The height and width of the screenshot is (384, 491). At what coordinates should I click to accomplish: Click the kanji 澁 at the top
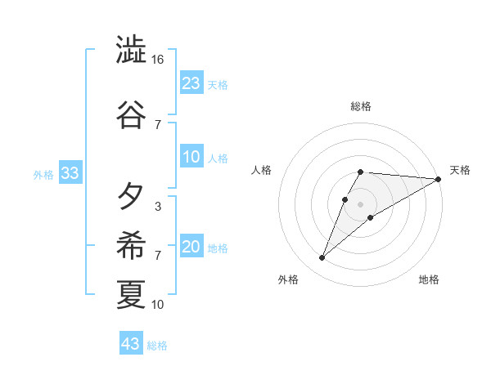coord(131,51)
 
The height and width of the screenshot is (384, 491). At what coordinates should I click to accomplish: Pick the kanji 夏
coord(131,293)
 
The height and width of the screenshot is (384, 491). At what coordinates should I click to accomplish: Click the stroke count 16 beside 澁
coord(158,60)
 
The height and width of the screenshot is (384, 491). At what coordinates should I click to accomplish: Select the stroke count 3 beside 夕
coord(157,207)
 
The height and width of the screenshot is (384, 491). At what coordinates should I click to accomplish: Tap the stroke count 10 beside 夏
coord(158,305)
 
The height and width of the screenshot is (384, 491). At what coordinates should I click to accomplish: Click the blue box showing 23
coord(191,83)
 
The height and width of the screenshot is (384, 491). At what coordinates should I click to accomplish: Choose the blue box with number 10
coord(191,158)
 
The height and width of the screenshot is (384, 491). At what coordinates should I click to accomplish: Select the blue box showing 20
coord(191,247)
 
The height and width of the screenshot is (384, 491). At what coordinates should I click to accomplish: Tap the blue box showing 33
coord(70,173)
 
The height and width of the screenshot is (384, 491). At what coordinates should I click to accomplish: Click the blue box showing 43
coord(131,344)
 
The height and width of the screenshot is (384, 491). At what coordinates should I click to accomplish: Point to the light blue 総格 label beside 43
coord(157,346)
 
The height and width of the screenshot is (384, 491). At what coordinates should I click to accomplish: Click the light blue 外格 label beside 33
coord(43,175)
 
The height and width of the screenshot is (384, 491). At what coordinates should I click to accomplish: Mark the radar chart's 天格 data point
coord(439,179)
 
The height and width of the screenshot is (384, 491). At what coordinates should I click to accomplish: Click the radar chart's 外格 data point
coord(322,258)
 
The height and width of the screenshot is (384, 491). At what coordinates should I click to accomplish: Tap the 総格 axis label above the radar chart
coord(361,106)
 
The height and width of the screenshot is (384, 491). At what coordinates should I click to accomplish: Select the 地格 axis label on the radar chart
coord(429,279)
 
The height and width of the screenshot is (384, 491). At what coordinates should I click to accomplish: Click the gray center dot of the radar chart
coord(361,203)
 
